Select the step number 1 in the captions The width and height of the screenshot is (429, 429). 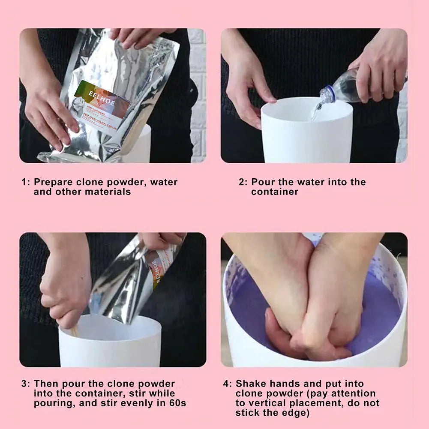click(24, 182)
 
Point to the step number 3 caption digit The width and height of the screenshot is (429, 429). click(24, 384)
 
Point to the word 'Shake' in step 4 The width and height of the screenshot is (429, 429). click(250, 384)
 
